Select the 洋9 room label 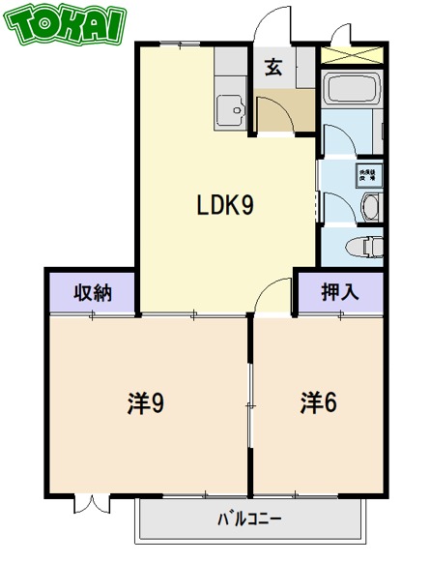tap(145, 402)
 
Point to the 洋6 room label tap(318, 402)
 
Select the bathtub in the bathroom tap(352, 90)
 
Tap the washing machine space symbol tap(367, 176)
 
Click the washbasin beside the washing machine tap(370, 208)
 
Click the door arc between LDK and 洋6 tap(273, 296)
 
